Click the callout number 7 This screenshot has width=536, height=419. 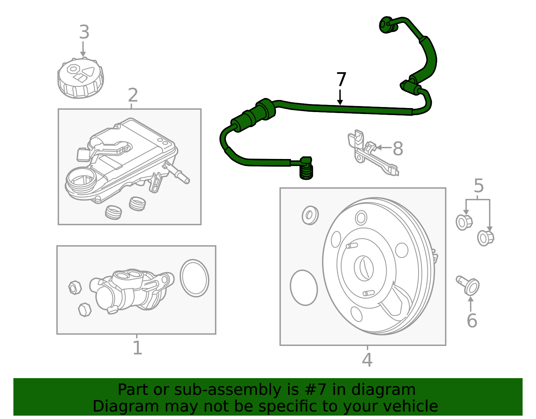click(341, 80)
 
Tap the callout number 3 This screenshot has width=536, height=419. click(84, 33)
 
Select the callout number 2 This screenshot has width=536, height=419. click(133, 96)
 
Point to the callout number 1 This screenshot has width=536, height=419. click(137, 348)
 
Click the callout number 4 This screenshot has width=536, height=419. click(367, 360)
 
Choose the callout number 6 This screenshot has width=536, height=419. click(472, 321)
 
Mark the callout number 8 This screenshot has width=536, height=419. click(398, 149)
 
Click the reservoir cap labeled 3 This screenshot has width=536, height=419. click(80, 78)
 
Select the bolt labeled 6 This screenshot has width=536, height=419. click(469, 285)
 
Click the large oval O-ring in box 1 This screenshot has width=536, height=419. click(194, 278)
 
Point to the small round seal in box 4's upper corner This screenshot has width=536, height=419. click(310, 215)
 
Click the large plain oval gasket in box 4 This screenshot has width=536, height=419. click(304, 288)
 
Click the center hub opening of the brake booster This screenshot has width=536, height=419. click(364, 268)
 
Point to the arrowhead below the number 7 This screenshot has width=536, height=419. click(340, 102)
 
